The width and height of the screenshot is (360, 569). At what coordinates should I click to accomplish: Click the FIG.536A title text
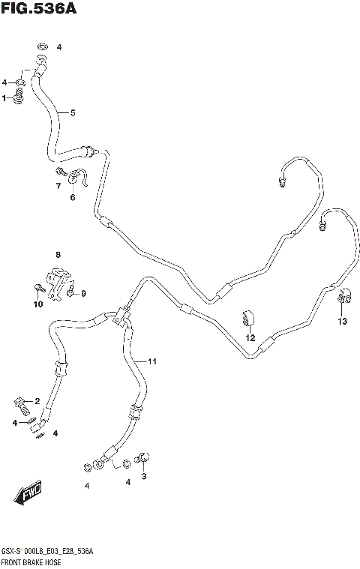click(x=40, y=10)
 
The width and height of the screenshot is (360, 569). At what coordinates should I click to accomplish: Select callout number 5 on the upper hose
click(x=73, y=113)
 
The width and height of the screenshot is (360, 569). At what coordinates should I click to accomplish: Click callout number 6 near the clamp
click(x=73, y=198)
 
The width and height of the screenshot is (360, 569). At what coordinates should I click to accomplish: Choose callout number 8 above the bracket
click(x=58, y=256)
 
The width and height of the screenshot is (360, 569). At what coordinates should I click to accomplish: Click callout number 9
click(x=83, y=293)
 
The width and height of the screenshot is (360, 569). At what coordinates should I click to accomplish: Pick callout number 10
click(x=37, y=304)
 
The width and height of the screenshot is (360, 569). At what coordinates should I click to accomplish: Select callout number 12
click(x=251, y=337)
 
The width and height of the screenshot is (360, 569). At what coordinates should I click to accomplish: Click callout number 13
click(x=343, y=322)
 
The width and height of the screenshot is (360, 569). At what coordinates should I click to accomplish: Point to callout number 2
click(x=37, y=401)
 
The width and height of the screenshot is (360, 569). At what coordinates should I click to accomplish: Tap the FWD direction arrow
click(x=28, y=494)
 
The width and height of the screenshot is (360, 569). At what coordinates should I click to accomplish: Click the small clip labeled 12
click(x=247, y=318)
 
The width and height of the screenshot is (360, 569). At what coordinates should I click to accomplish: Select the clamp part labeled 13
click(x=345, y=298)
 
